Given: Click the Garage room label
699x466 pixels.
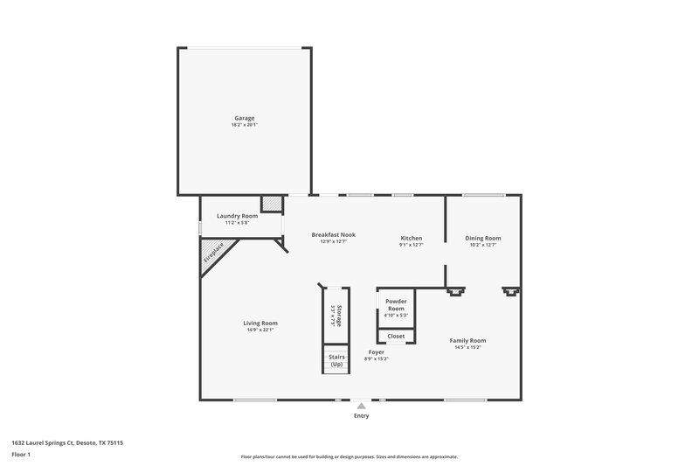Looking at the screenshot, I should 244,118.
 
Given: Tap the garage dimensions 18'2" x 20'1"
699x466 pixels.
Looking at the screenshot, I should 244,125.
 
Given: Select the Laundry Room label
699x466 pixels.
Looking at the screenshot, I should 238,216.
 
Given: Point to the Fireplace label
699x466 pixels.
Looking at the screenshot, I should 213,253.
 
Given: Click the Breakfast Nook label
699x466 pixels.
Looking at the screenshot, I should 334,234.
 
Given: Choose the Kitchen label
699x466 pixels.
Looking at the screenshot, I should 412,238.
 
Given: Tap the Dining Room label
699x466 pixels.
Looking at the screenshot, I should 482,238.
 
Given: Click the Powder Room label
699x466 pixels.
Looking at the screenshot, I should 396,304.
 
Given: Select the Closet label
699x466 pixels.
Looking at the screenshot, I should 396,336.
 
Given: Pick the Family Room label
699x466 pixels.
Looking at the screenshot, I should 467,340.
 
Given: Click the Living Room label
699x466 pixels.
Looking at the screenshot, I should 260,323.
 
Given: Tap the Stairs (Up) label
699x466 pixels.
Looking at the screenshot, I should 336,360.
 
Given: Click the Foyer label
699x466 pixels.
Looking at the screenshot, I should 376,351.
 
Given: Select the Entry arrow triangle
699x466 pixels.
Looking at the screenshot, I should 361,406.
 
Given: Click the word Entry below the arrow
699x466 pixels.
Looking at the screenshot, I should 361,416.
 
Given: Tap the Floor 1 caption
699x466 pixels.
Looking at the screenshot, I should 22,456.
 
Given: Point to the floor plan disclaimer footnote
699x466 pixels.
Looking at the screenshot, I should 349,456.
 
